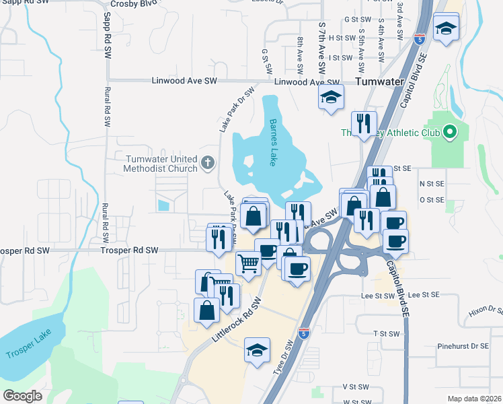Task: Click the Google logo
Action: [x=23, y=396]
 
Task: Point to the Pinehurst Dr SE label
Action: [x=463, y=346]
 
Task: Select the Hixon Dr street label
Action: [x=486, y=310]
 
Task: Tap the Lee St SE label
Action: [x=423, y=295]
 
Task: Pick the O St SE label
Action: [x=432, y=199]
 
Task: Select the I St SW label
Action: [x=342, y=58]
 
